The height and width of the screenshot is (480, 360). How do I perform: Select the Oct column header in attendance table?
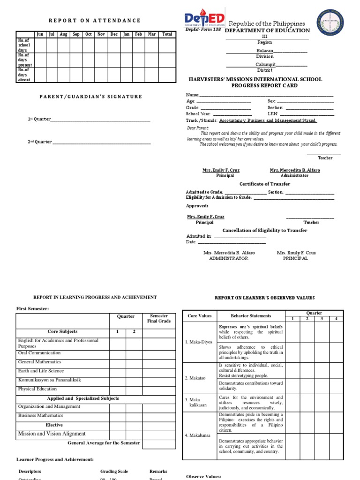coord(89,34)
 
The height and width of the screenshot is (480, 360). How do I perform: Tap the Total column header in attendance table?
coord(167,34)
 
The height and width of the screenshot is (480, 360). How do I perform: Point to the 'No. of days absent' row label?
coord(24,75)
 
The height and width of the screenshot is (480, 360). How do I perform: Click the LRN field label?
coord(273,113)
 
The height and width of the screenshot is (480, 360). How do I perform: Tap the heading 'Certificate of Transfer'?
coord(265,184)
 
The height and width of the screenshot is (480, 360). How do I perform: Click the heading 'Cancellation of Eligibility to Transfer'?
coord(265,230)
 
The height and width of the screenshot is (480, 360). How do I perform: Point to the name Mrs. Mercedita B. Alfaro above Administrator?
coord(295,170)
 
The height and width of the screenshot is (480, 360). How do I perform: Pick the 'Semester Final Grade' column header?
coord(159,319)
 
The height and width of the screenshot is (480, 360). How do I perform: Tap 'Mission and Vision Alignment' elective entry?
coord(52,434)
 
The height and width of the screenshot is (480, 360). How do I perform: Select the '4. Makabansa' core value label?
coord(197,435)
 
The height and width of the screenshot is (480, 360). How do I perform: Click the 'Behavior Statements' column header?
coord(251,316)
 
